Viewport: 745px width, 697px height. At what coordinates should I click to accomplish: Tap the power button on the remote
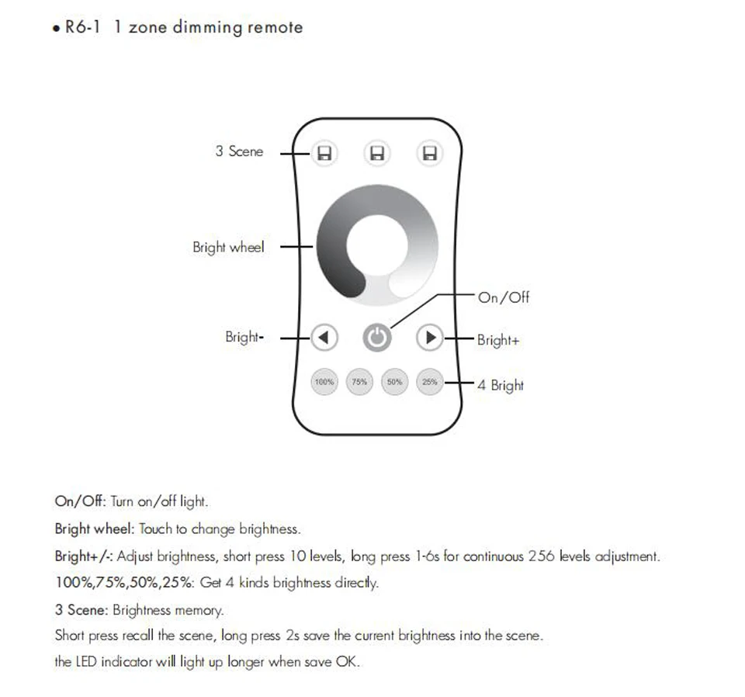point(377,338)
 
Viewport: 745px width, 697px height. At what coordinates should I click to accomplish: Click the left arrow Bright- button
point(324,338)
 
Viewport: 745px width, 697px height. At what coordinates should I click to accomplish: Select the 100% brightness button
point(324,382)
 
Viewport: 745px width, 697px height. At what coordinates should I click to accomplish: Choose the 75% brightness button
point(359,382)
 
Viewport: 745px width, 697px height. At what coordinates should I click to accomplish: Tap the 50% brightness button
point(394,382)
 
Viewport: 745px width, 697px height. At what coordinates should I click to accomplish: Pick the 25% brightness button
point(429,382)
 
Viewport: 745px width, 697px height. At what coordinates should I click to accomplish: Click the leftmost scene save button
point(324,154)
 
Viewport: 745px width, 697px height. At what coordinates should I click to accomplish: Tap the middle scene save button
point(377,154)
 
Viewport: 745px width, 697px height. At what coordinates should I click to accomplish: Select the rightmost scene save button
point(429,154)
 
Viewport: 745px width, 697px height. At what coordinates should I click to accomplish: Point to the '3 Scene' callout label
point(239,151)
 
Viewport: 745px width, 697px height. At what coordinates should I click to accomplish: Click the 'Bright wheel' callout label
point(228,248)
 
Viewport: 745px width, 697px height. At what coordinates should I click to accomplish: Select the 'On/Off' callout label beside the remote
point(504,297)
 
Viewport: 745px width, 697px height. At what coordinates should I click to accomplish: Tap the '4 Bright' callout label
point(500,385)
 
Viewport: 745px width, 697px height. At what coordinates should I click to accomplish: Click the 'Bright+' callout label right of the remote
point(497,340)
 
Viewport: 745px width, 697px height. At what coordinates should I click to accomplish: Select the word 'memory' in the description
point(199,610)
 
